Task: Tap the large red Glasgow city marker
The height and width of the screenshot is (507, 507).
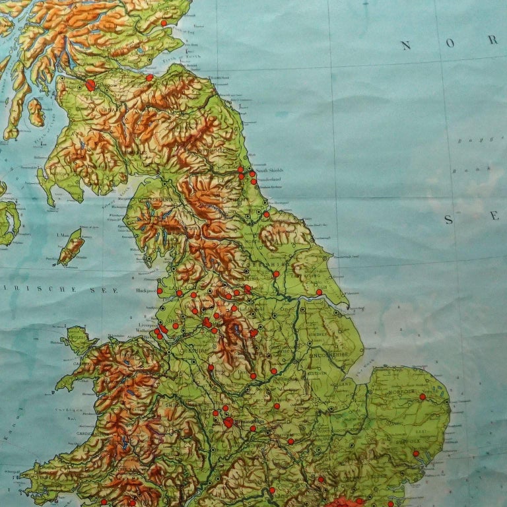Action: [90, 85]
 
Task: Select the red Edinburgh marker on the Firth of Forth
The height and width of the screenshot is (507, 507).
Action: [150, 77]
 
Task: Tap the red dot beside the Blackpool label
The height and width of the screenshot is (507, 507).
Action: [159, 290]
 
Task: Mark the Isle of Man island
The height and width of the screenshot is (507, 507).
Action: [71, 247]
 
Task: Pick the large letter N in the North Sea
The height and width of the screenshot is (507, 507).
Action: [406, 46]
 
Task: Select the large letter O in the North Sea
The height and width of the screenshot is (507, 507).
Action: [449, 43]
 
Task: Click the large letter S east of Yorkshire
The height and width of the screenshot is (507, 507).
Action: [448, 220]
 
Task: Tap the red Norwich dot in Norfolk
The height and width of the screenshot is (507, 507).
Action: [422, 397]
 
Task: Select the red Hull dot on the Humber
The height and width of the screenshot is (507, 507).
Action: [319, 292]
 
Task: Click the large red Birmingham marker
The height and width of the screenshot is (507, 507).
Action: [228, 422]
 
